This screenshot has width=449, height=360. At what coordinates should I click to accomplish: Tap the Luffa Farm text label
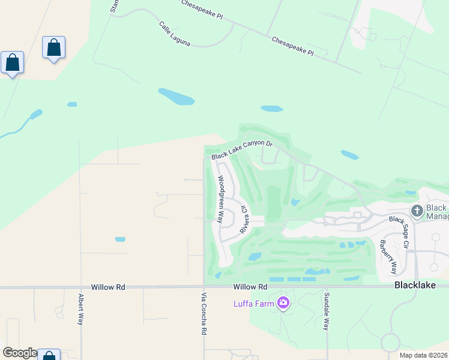point(254,303)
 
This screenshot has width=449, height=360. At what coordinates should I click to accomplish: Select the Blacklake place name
point(414,286)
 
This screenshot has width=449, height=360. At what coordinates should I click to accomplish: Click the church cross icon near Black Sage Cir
point(417,211)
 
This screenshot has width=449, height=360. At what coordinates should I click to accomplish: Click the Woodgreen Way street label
point(221,200)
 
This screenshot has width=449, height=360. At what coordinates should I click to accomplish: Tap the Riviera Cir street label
point(244,219)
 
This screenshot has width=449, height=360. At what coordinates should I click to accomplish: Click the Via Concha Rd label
point(204,314)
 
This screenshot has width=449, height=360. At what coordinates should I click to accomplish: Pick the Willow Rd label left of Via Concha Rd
point(108,287)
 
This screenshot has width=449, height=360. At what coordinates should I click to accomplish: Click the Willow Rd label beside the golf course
point(250,287)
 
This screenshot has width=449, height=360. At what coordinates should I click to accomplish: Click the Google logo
point(19,353)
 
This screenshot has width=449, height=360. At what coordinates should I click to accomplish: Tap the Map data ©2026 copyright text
point(423,355)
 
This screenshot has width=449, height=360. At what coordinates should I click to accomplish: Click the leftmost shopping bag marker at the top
point(12,62)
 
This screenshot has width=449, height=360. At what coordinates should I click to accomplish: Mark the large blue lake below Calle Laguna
point(176,96)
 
